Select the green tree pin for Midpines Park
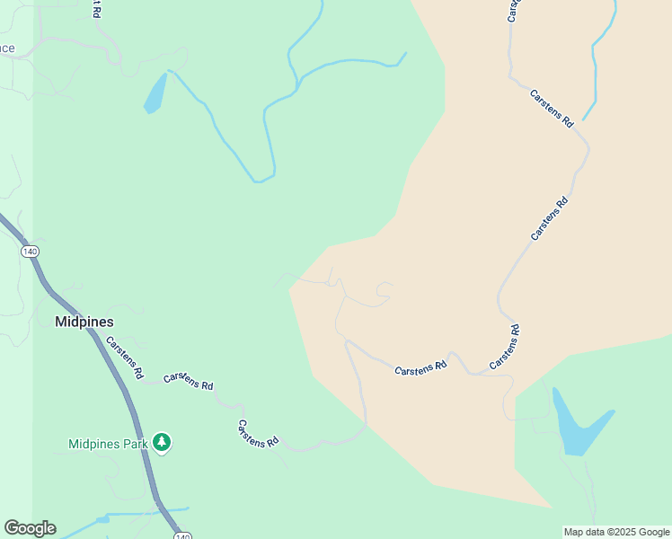pos(162,442)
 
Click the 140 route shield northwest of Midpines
pos(31,252)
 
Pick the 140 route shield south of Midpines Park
pos(182,535)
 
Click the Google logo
pos(30,528)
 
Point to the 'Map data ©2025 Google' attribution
pos(616,532)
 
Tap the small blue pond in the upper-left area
pos(155,93)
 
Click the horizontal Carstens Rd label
pos(420,368)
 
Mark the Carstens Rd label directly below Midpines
pos(125,357)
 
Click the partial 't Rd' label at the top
pos(95,9)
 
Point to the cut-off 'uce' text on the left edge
pos(7,49)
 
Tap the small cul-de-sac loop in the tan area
pos(385,288)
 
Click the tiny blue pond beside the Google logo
pos(102,519)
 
